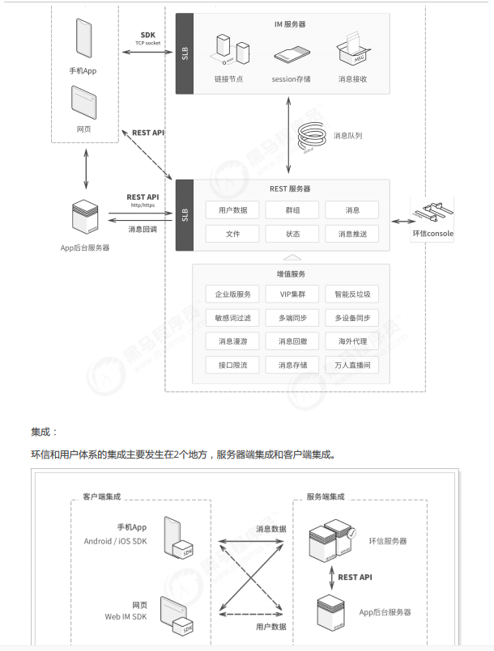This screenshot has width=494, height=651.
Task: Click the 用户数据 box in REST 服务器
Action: (232, 210)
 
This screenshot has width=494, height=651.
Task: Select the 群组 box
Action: (292, 210)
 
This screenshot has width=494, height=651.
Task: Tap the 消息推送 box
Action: (352, 234)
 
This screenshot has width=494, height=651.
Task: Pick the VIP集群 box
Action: (292, 294)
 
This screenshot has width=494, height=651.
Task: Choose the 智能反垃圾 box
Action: (352, 294)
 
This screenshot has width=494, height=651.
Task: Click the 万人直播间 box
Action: (352, 365)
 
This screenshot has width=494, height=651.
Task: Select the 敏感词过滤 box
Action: (232, 318)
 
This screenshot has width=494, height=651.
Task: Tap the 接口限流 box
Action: (232, 365)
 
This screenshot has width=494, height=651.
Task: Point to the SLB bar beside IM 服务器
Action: (185, 53)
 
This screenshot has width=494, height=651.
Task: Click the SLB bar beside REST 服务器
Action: (185, 215)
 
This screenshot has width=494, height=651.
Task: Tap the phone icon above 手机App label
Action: (83, 38)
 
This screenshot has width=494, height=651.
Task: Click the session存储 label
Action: (291, 79)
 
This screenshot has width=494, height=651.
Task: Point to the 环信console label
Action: (433, 234)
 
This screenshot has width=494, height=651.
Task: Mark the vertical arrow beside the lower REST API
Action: (331, 578)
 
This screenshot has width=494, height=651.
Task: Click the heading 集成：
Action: (44, 432)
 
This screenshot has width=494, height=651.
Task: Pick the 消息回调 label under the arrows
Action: (143, 229)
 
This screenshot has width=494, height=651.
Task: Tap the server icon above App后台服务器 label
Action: (85, 218)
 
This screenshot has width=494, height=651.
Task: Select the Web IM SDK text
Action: (126, 616)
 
